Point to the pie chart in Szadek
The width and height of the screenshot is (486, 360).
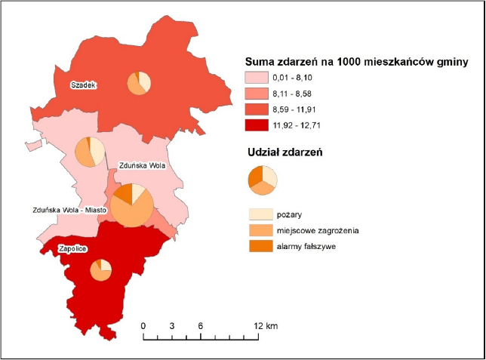pyautogui.click(x=139, y=82)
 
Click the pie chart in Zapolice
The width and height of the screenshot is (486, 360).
pyautogui.click(x=100, y=269)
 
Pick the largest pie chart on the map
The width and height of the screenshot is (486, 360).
pyautogui.click(x=132, y=205)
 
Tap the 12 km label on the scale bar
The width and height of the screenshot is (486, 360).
pyautogui.click(x=266, y=326)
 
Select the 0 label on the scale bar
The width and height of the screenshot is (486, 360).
pyautogui.click(x=143, y=326)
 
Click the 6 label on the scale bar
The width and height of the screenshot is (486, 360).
pyautogui.click(x=201, y=326)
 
